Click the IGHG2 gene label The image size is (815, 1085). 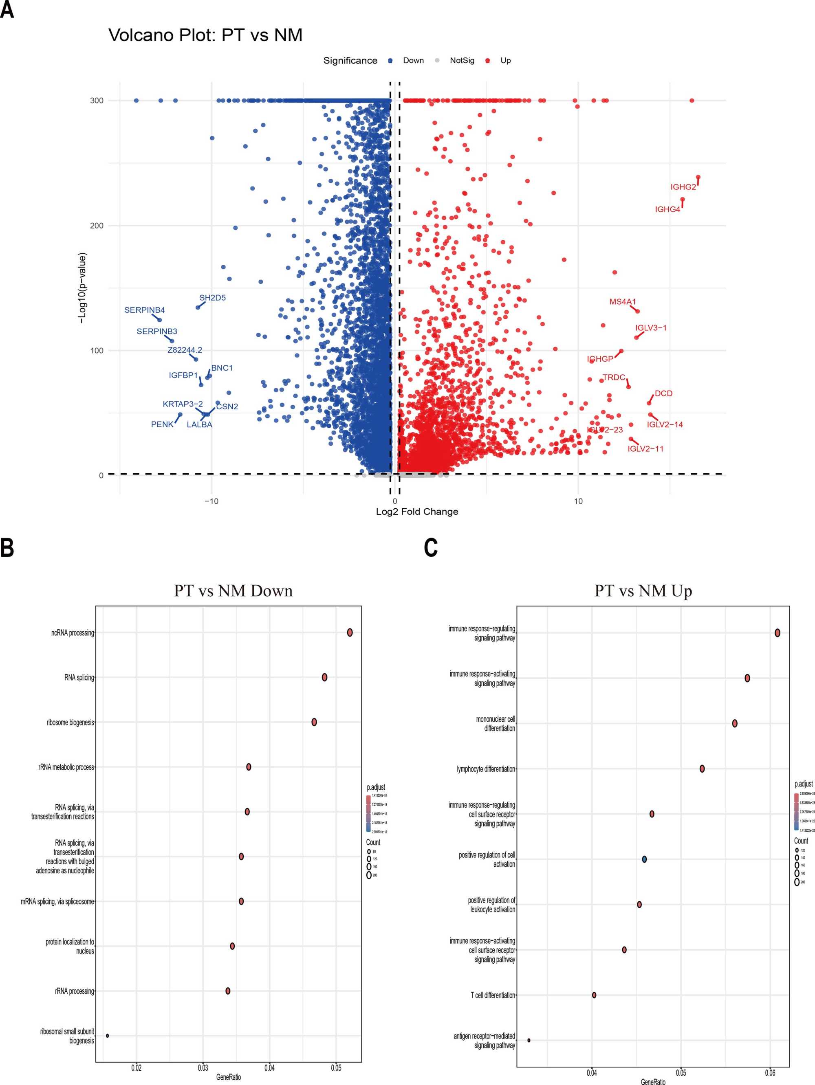point(683,187)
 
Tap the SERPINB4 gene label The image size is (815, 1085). point(144,310)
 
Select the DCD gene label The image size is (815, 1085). point(663,393)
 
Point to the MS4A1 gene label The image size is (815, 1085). point(622,302)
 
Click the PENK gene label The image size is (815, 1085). point(162,424)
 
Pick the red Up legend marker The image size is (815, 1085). point(487,61)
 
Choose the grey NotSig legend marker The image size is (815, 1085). point(437,61)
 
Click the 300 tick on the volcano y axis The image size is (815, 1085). point(97,101)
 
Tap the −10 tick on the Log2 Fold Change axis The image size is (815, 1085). point(211,501)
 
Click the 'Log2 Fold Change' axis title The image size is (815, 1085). point(416,512)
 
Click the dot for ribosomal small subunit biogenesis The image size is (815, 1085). point(108,1035)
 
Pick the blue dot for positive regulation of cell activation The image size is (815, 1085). point(644,859)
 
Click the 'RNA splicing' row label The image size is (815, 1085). point(79,677)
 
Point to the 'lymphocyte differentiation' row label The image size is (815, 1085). point(485,769)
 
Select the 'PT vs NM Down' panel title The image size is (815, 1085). point(233,591)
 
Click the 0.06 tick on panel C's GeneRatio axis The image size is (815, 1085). point(770,1073)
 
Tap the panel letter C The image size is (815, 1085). point(430,548)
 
